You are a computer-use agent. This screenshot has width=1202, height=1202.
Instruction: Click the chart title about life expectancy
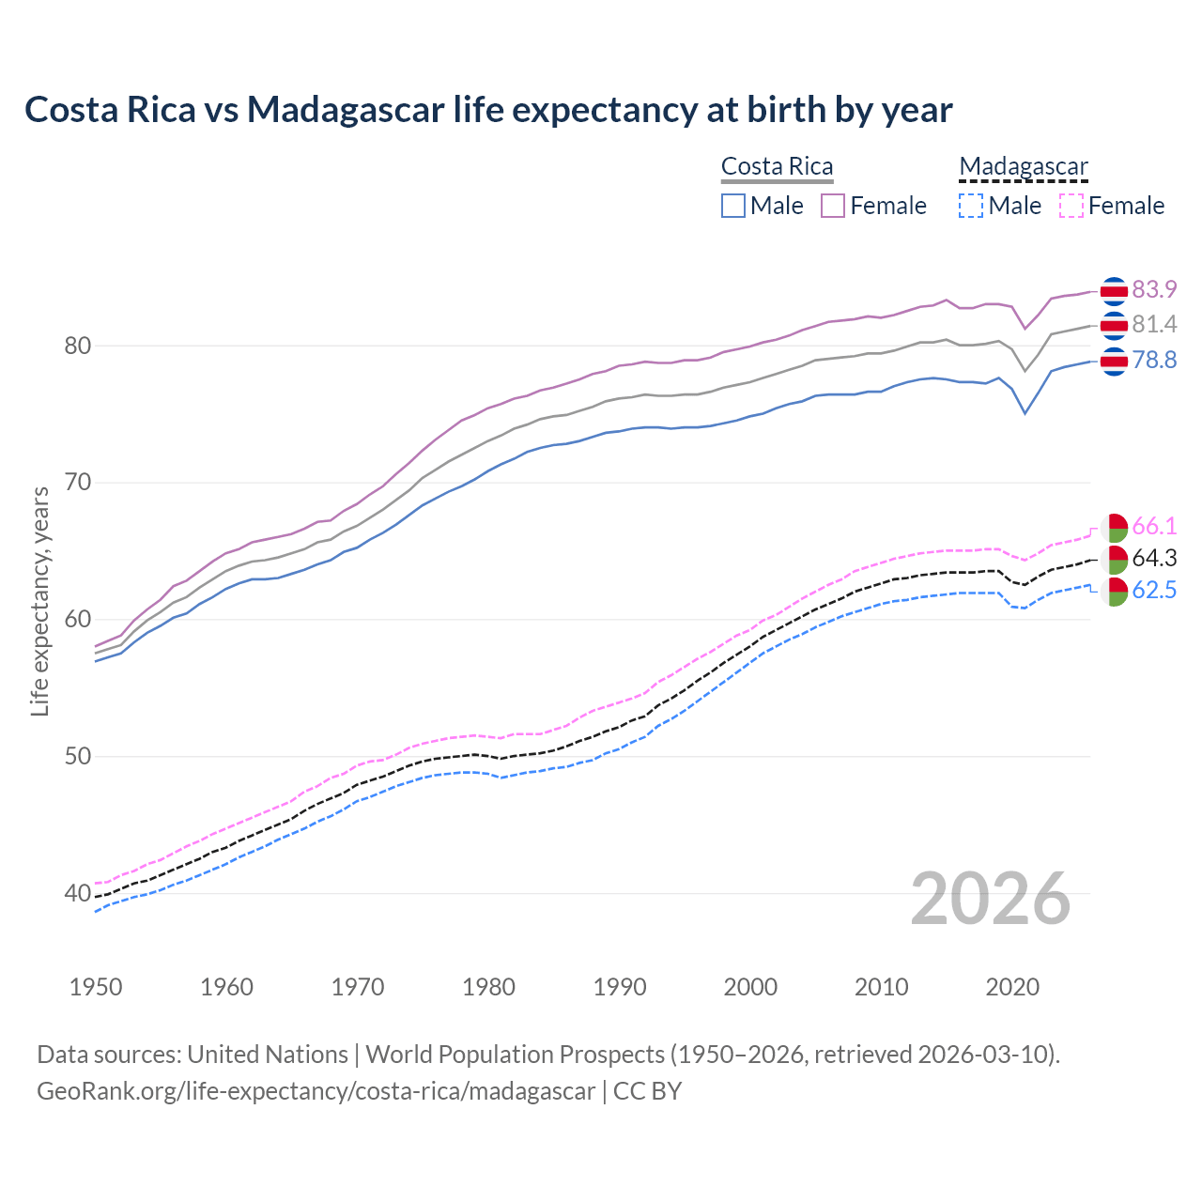[x=488, y=110]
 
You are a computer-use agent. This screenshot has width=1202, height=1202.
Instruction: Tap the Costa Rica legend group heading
[x=777, y=167]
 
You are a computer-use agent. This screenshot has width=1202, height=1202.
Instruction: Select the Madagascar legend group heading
[x=1023, y=167]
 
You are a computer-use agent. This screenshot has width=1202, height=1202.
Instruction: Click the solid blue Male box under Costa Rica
[x=733, y=206]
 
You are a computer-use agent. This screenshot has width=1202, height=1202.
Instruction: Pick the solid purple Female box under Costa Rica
[x=833, y=206]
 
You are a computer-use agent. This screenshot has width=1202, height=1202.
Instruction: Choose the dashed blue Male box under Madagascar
[x=971, y=206]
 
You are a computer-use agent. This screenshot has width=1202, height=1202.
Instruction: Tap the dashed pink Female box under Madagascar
[x=1071, y=206]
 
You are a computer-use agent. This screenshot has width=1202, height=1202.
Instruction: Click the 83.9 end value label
[x=1154, y=289]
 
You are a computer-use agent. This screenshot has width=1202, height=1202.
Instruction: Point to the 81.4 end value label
[x=1154, y=325]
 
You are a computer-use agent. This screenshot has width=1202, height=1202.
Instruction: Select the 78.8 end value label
[x=1154, y=361]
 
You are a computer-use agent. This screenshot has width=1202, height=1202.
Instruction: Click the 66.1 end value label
[x=1154, y=526]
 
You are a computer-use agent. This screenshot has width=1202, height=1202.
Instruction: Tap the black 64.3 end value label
[x=1154, y=559]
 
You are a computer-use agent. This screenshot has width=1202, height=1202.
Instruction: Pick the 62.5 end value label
[x=1154, y=591]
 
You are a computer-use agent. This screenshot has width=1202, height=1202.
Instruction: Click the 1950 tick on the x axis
[x=96, y=987]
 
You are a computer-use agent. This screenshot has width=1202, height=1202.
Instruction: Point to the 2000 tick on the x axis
[x=750, y=987]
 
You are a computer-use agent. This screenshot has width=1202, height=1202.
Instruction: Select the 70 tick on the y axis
[x=77, y=483]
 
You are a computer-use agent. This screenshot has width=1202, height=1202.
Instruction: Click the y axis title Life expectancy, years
[x=39, y=601]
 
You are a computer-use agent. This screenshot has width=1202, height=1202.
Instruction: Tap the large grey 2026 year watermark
[x=991, y=899]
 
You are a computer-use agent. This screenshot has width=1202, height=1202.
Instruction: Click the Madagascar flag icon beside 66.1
[x=1114, y=527]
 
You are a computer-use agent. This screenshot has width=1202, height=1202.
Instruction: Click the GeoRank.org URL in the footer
[x=316, y=1091]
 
